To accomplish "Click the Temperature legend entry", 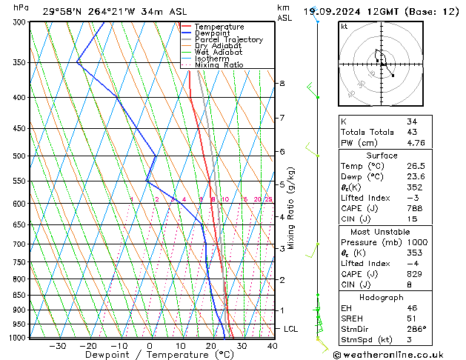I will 219,27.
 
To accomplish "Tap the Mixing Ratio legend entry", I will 219,65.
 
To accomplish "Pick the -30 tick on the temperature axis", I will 57,345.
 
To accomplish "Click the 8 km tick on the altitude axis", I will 282,84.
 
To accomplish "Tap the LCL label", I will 291,328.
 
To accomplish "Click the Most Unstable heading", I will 382,231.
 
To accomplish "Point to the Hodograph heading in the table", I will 382,297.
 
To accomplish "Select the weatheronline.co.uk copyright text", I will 398,354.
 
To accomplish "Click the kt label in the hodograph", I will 344,26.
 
